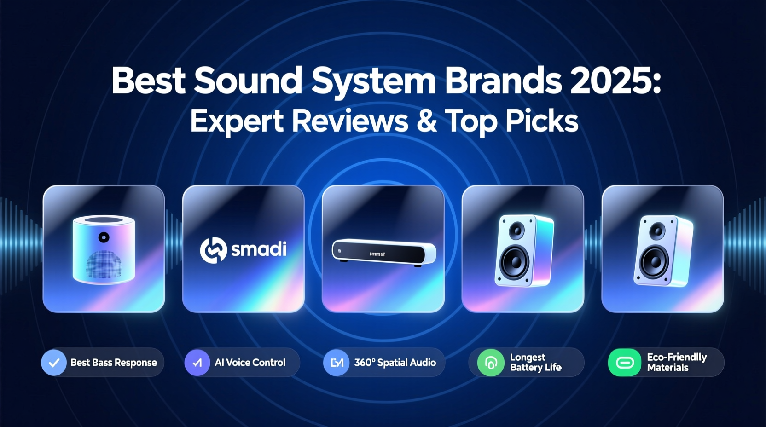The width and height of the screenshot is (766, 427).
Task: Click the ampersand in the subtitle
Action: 427,121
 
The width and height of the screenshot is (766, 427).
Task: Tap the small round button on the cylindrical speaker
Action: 104,237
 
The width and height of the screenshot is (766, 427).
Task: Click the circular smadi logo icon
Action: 213,250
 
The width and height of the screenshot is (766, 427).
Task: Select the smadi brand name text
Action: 259,249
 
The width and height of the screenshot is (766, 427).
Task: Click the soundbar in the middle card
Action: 383,252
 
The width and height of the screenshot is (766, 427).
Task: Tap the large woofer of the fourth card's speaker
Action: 515,261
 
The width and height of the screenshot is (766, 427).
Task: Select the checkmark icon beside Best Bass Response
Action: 54,363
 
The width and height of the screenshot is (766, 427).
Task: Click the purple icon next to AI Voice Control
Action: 197,363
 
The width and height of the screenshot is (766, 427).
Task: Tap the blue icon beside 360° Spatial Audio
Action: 337,363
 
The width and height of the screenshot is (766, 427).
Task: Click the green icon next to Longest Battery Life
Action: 491,363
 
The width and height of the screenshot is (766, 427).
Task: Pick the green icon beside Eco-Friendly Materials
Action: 625,363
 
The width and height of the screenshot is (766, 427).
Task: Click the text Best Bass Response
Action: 114,363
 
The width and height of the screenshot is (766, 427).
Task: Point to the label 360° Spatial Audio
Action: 395,363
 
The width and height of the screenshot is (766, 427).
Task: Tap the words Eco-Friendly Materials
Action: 676,362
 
